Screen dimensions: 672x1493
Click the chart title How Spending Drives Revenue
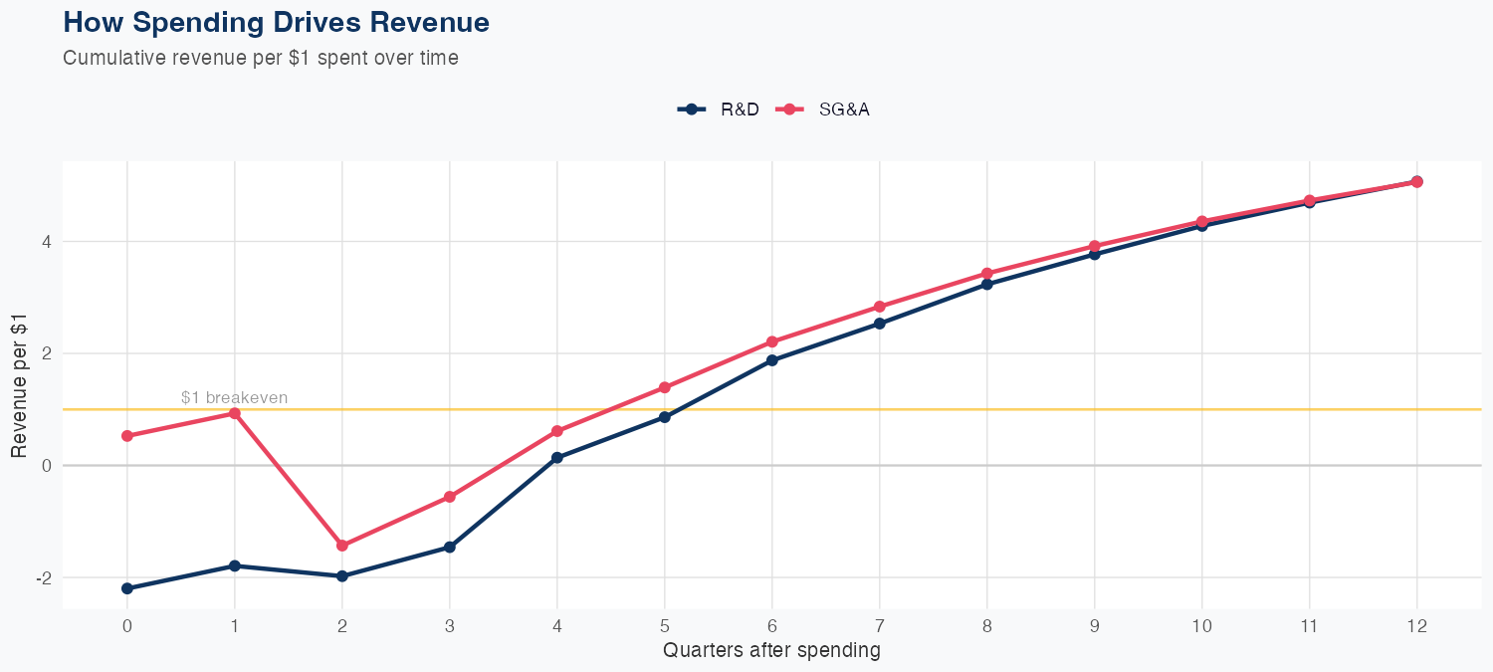click(276, 22)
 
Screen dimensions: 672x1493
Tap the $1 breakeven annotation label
click(235, 398)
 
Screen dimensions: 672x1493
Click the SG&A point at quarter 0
click(127, 436)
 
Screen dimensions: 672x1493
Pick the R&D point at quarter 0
click(127, 588)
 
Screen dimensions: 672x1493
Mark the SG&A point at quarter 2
click(342, 546)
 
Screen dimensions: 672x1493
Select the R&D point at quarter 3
click(450, 547)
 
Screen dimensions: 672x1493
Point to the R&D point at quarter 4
click(557, 458)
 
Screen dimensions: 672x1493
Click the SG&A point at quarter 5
click(665, 387)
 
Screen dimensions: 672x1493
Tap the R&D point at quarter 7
click(880, 324)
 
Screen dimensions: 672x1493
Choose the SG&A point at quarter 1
click(235, 413)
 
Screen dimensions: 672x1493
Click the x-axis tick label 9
click(1095, 626)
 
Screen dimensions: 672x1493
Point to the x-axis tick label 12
click(1417, 626)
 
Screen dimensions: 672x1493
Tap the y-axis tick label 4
click(46, 242)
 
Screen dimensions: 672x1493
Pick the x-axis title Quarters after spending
click(771, 651)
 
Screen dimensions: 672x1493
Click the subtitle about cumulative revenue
click(261, 58)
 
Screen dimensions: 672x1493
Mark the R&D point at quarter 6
click(772, 360)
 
